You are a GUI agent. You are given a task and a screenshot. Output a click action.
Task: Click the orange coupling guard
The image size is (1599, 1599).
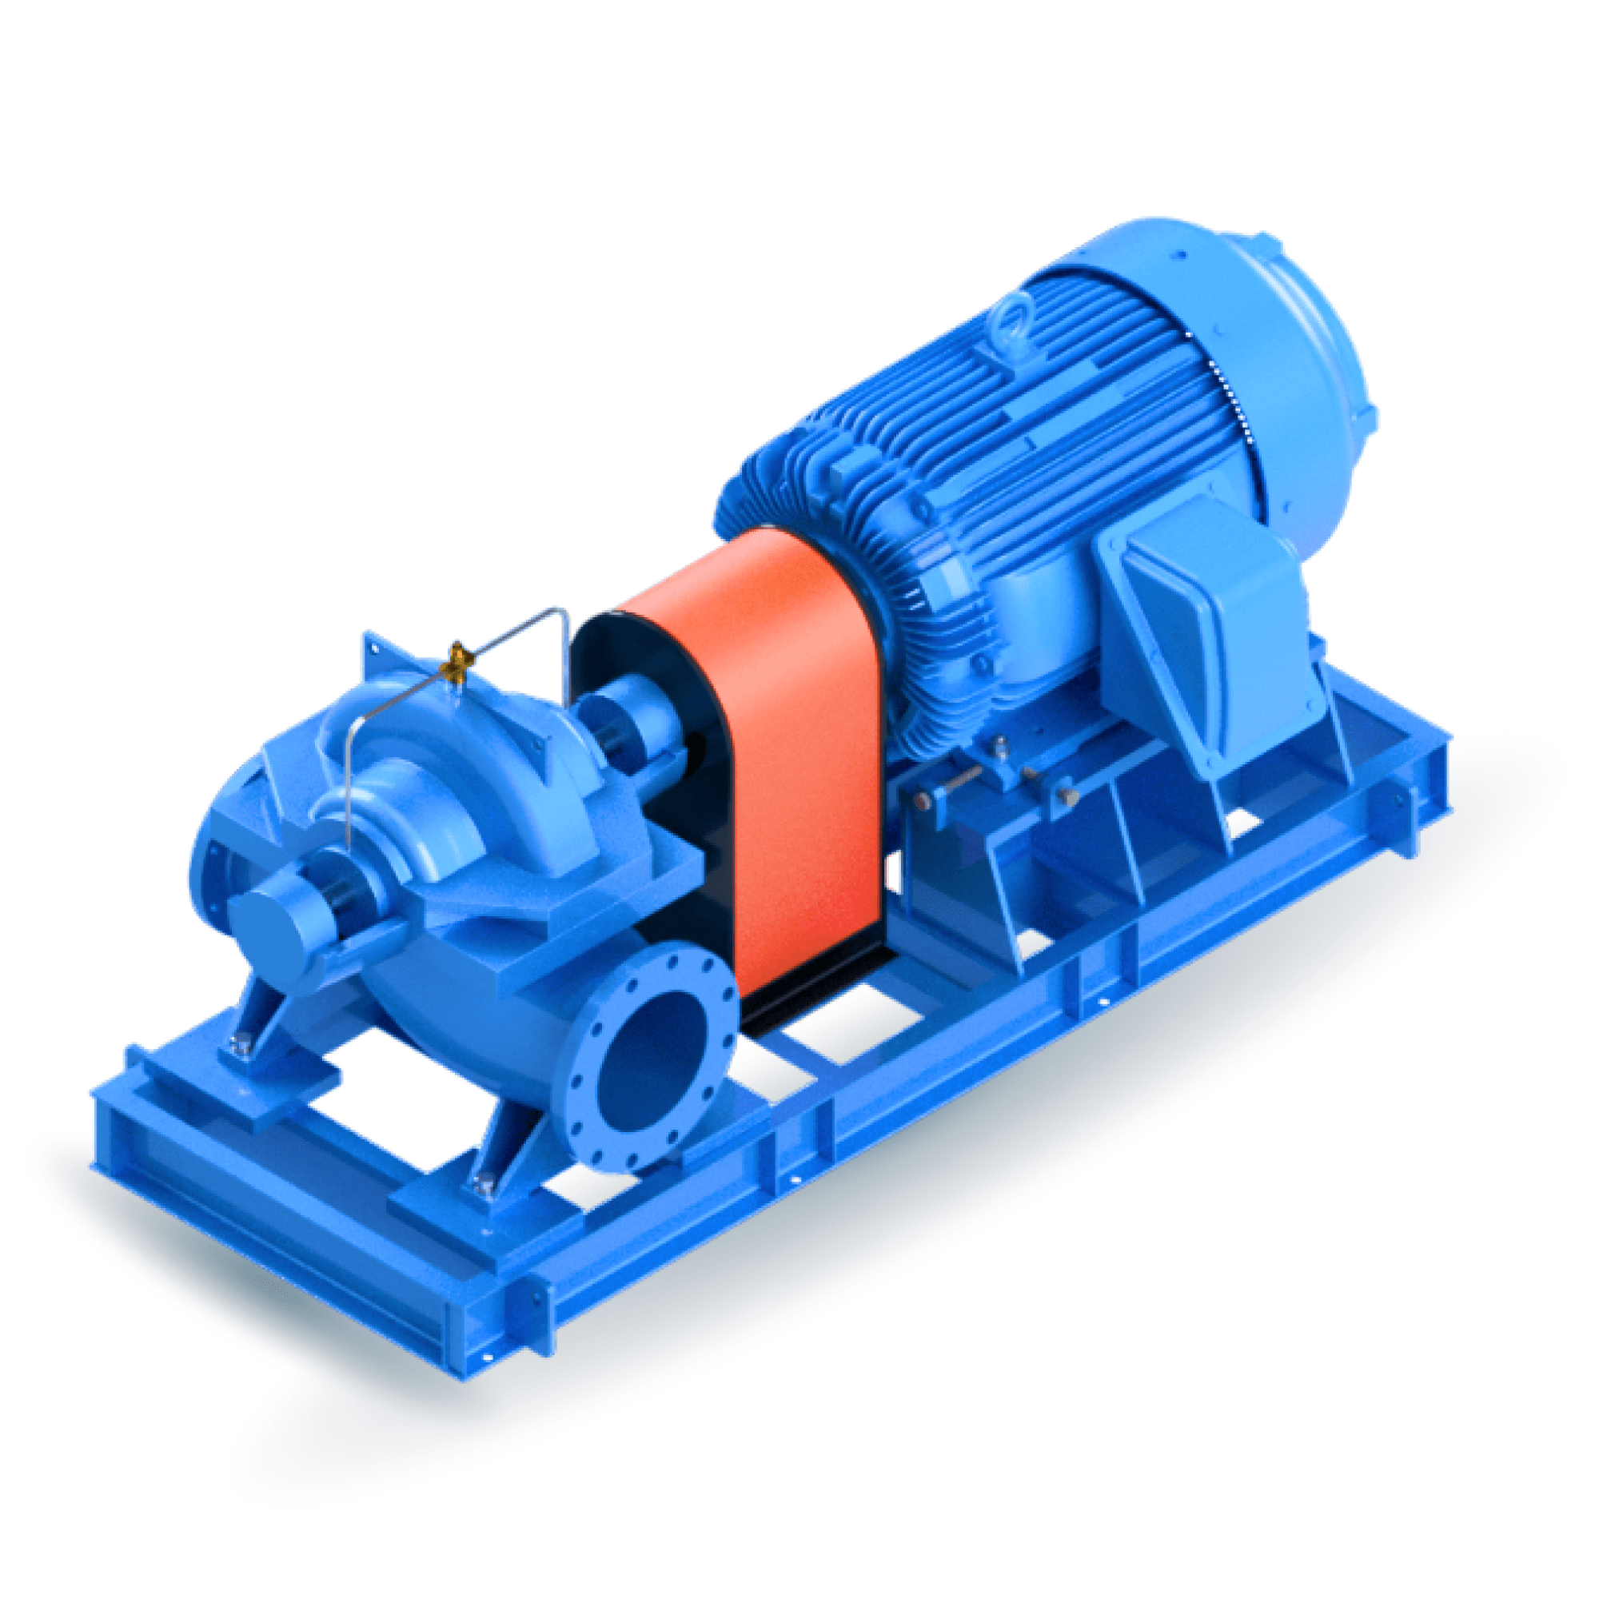pos(795,745)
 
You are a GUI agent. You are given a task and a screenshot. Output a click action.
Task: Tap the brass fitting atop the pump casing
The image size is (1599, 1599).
pos(456,662)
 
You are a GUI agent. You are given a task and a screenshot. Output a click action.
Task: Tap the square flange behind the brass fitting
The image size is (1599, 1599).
pos(389,654)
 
